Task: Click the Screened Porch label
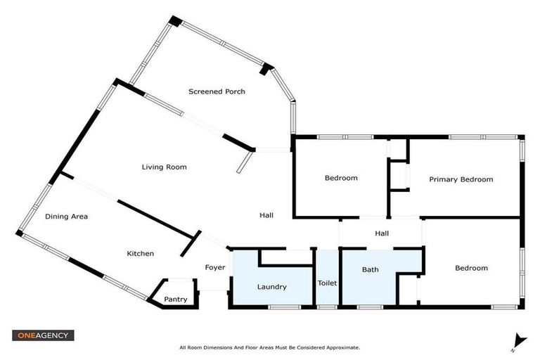[217, 91]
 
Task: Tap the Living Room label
[164, 167]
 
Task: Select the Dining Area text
[66, 217]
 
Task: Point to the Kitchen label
[140, 254]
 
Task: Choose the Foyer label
[215, 268]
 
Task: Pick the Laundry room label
[272, 287]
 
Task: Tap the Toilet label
[327, 283]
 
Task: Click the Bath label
[371, 270]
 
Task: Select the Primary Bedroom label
[461, 179]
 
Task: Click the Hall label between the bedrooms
[382, 233]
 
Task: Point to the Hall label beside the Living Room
[266, 216]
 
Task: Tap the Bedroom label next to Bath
[471, 268]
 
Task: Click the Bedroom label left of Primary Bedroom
[340, 178]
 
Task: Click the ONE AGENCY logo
[43, 335]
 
